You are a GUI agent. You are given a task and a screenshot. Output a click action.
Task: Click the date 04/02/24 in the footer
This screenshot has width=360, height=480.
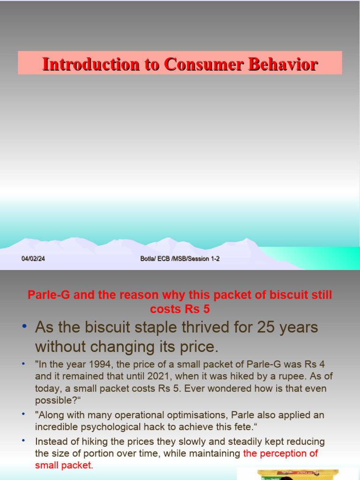click(33, 258)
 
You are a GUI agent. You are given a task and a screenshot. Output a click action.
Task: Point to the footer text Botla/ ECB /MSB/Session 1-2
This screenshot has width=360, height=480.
click(180, 258)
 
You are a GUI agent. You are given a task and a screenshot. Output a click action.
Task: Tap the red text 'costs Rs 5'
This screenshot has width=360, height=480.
click(180, 309)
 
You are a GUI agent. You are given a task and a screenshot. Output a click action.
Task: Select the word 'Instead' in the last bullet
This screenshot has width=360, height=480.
click(50, 442)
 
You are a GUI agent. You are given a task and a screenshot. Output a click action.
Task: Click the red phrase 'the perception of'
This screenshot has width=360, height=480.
click(280, 453)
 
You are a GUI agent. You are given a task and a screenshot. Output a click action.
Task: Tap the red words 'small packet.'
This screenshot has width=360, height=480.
click(64, 465)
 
